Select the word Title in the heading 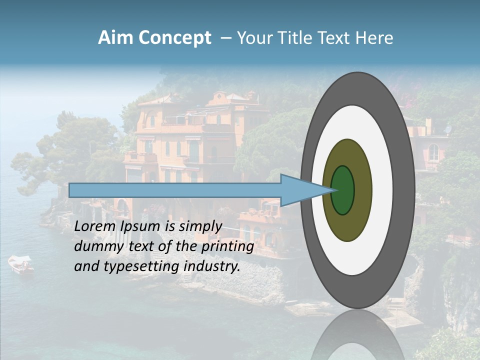tap(302, 38)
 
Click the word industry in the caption tap(212, 266)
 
